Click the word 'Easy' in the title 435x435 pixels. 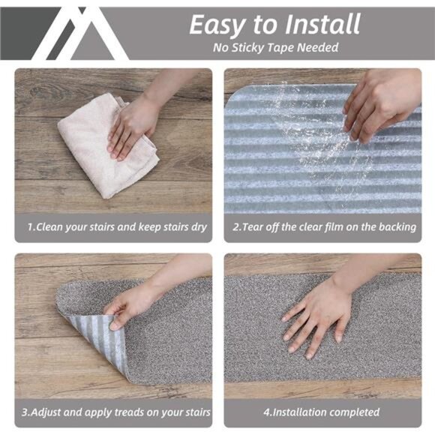pos(217,24)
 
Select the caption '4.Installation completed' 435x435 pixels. pos(322,412)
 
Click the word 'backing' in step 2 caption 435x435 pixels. pos(396,226)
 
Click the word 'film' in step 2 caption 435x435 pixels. pos(335,226)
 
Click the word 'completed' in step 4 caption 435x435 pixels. pos(352,412)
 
